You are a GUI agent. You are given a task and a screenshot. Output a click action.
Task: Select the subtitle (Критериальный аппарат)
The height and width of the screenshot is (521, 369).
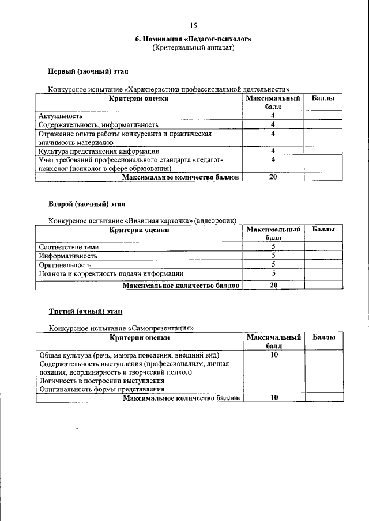click(x=193, y=48)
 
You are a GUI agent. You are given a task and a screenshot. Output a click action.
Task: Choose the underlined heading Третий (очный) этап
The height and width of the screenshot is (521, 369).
click(x=85, y=311)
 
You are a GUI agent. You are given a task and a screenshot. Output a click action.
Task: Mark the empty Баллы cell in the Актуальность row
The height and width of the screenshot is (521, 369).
click(x=323, y=116)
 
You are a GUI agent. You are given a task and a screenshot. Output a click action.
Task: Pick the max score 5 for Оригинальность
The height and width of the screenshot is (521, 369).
click(x=273, y=265)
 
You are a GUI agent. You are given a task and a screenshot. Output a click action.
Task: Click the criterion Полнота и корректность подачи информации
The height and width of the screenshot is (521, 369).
click(x=111, y=274)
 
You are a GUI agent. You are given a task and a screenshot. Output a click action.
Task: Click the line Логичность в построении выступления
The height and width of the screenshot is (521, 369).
click(x=101, y=381)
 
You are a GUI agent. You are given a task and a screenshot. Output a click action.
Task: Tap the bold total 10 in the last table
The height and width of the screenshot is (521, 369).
click(x=273, y=398)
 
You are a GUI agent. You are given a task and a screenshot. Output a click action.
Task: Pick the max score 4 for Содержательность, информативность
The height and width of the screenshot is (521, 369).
click(x=273, y=124)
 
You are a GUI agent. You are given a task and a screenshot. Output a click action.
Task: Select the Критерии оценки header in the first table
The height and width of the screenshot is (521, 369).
click(x=139, y=98)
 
